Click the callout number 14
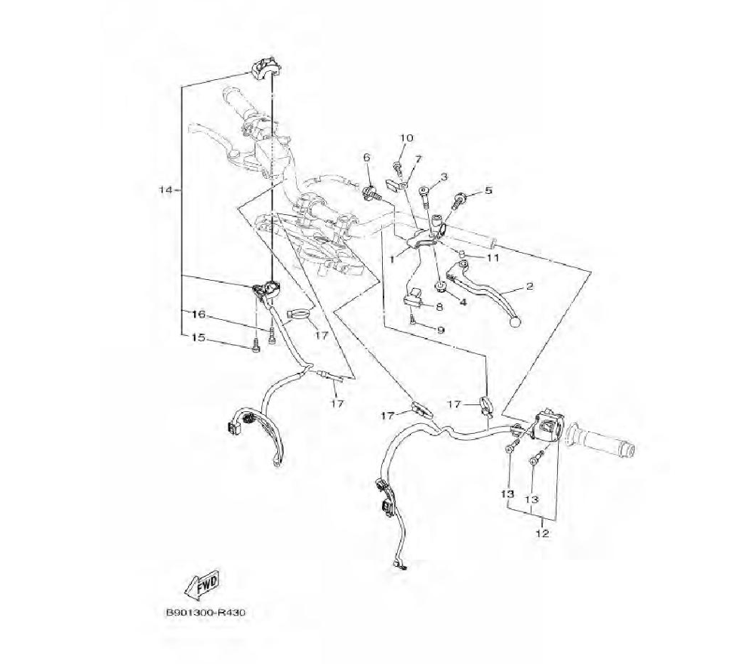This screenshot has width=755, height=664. [166, 189]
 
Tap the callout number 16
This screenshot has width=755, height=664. [198, 313]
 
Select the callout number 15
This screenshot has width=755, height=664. [198, 338]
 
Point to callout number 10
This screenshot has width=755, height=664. [406, 138]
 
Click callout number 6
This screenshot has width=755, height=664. [367, 157]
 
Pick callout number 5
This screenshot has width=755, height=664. [488, 191]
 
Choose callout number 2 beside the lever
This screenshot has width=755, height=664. [528, 287]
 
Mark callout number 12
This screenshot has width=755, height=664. [542, 533]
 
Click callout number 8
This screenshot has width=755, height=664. [439, 306]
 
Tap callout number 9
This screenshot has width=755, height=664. [440, 330]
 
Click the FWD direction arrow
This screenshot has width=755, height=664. [203, 584]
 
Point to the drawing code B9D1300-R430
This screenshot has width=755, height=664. [205, 612]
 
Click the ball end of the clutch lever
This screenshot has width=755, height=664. [516, 321]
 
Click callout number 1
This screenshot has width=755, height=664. [393, 258]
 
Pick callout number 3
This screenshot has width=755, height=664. [444, 177]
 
